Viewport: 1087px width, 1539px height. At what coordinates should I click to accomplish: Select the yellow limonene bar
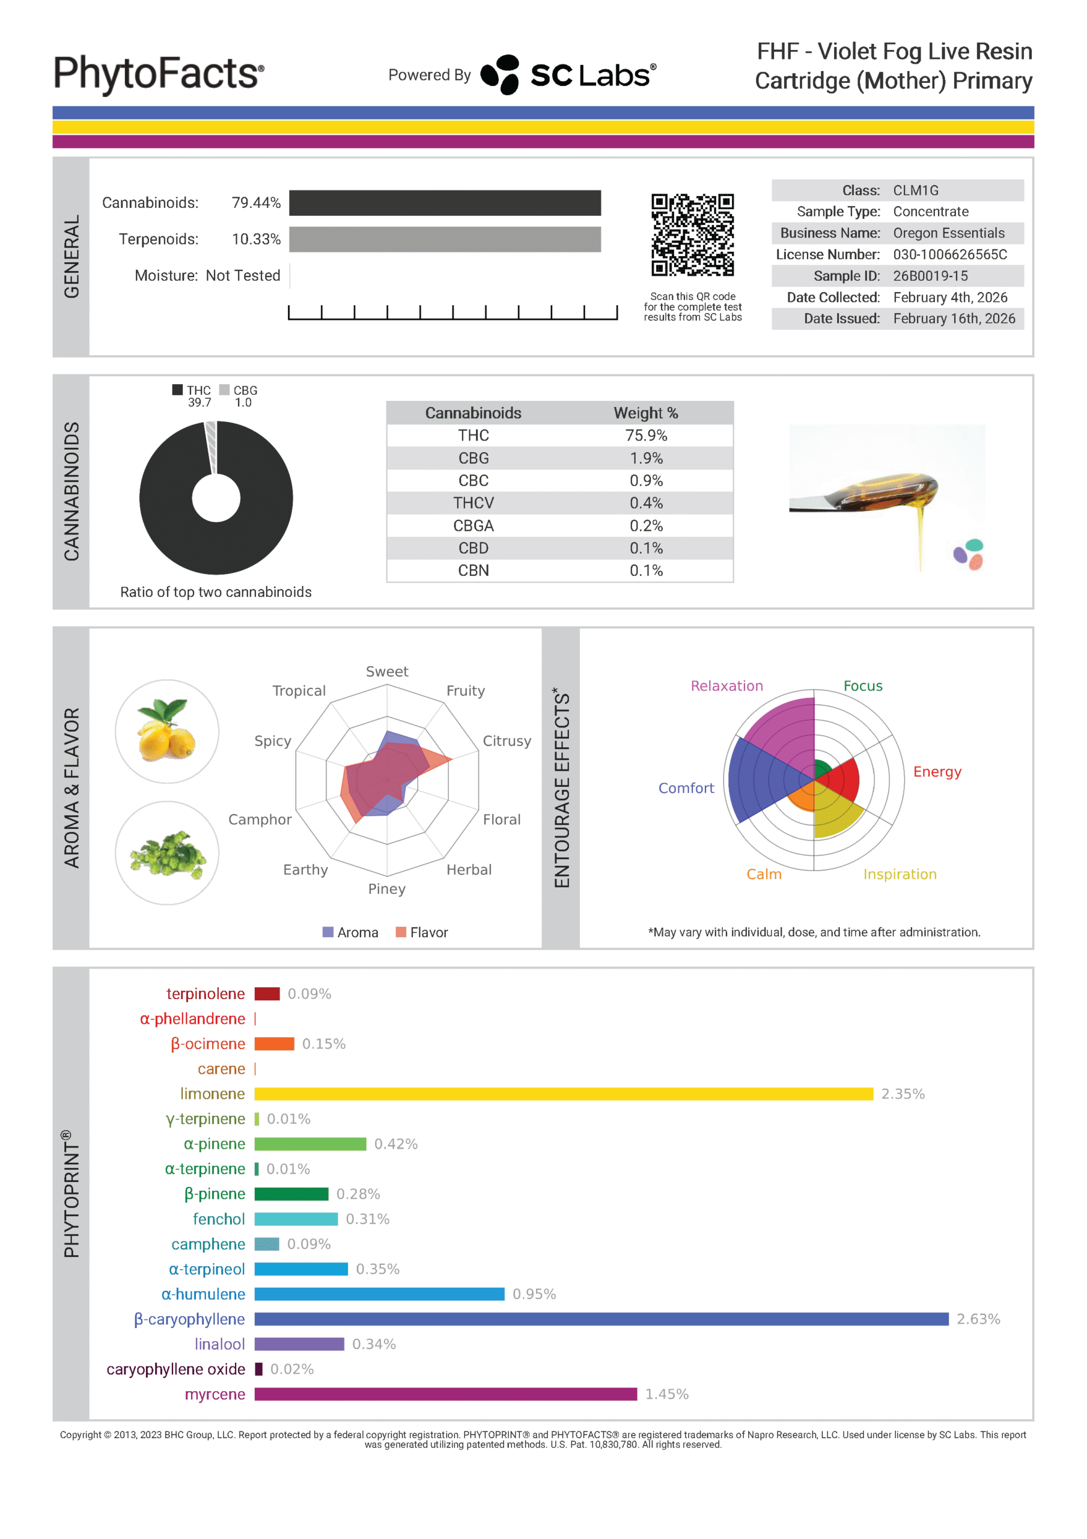(563, 1094)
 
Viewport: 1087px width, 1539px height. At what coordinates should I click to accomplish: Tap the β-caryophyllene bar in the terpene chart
(600, 1319)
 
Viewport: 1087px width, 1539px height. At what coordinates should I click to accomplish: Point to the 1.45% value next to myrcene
(666, 1394)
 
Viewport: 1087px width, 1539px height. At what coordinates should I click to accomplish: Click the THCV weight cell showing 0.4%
(645, 503)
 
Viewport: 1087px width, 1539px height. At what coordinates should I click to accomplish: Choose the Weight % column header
(645, 413)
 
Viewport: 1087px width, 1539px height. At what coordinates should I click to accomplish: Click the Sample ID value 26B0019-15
(930, 276)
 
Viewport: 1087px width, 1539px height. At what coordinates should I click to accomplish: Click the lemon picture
(167, 731)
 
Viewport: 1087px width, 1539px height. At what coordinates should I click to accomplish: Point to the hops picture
(167, 853)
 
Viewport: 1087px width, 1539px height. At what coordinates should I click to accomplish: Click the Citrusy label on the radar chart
(507, 741)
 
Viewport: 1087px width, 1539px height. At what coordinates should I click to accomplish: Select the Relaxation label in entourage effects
(726, 686)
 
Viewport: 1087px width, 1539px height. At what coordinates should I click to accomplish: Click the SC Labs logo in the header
(568, 75)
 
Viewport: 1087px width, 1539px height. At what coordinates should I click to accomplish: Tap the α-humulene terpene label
(203, 1294)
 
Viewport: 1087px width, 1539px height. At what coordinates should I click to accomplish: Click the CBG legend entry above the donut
(239, 390)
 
